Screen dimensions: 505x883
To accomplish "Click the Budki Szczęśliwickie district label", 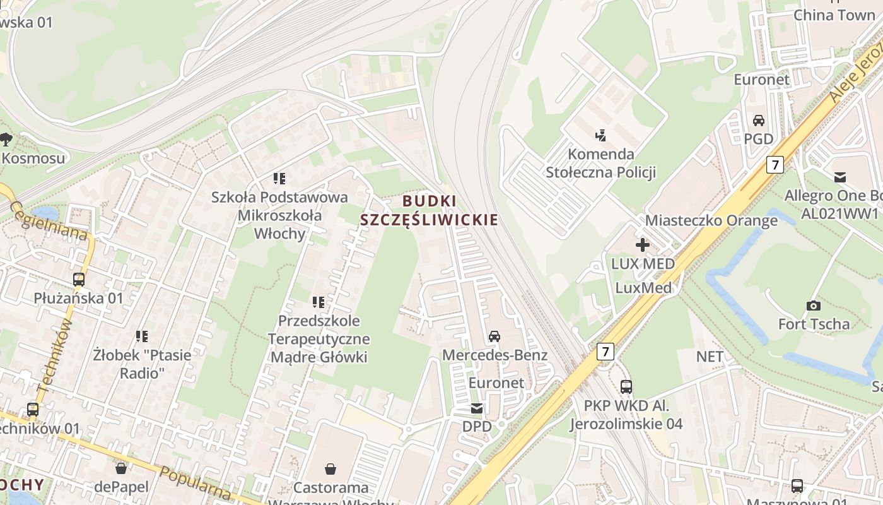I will tap(429, 210).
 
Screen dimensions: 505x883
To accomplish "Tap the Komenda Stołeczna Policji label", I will tap(600, 163).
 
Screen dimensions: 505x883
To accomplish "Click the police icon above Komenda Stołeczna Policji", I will tap(600, 134).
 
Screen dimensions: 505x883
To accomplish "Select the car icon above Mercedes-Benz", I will tap(494, 336).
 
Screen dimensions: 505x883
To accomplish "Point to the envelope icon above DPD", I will tap(477, 408).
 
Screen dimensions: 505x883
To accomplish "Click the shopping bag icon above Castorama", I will tap(330, 468).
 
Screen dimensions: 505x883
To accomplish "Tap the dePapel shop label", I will tap(121, 487).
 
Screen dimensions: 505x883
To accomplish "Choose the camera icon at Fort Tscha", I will tap(814, 306).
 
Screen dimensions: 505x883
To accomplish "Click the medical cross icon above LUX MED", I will tap(643, 245).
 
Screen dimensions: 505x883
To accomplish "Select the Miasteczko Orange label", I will tap(711, 221).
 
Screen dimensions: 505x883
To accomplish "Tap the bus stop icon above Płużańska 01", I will tap(79, 279).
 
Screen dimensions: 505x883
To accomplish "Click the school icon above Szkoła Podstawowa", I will tap(279, 179).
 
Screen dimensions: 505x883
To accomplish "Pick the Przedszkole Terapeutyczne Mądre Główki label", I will tap(319, 339).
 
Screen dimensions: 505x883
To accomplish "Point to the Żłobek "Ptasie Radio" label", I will tap(142, 364).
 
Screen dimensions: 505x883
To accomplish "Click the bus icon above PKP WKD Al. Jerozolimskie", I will tap(626, 386).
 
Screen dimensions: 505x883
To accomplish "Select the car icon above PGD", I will tap(759, 120).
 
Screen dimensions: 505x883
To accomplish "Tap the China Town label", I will tap(834, 15).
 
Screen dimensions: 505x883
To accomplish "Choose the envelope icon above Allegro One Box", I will tap(840, 177).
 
